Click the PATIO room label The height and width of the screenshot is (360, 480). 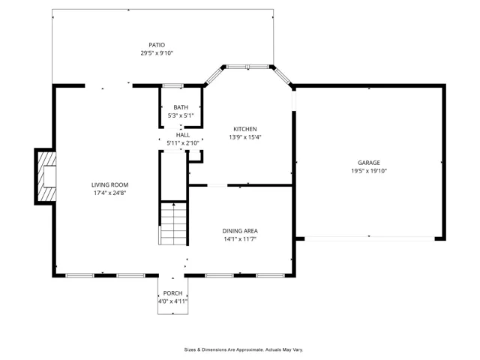tap(157, 45)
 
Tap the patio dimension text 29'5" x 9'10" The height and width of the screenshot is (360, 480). tap(157, 53)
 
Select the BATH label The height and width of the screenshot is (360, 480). tap(181, 107)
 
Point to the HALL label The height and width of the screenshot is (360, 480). tap(183, 135)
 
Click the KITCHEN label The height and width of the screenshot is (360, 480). tap(245, 129)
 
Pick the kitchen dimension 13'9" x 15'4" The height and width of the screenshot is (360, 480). tap(245, 137)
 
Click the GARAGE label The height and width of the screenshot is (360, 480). tap(369, 163)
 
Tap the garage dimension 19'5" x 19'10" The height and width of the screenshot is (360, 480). tap(369, 171)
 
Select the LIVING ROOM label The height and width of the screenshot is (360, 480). tap(110, 185)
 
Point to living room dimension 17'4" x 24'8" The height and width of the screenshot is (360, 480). tap(110, 193)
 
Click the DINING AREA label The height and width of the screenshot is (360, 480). tap(240, 231)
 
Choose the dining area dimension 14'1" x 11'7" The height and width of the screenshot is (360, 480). tap(240, 239)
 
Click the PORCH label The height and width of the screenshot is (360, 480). tap(172, 293)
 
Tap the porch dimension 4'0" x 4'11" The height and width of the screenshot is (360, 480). tap(172, 301)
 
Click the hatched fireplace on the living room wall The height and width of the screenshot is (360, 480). tap(46, 176)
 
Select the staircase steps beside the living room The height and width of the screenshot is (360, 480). tap(173, 223)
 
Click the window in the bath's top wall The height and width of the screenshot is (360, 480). tap(172, 86)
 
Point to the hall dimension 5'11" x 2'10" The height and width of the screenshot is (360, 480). tap(183, 143)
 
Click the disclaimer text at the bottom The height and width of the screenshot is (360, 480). tap(244, 349)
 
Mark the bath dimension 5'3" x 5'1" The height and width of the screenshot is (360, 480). tap(181, 115)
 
